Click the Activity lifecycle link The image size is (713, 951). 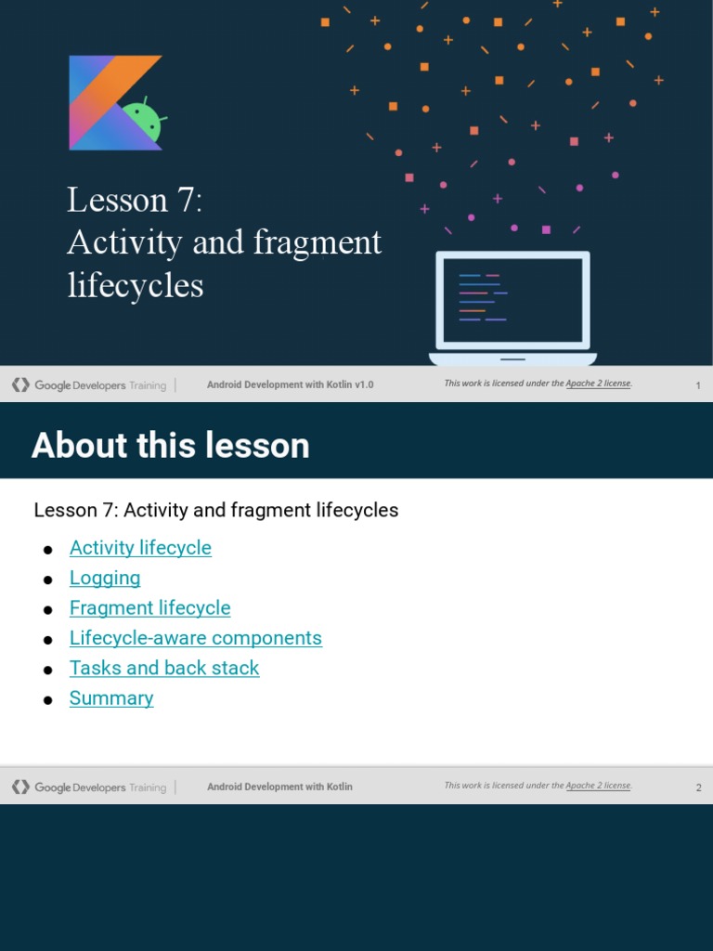(140, 548)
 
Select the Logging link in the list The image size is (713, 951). (105, 578)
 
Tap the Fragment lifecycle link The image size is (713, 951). (149, 608)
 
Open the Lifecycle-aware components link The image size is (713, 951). (195, 638)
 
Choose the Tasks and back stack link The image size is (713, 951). (164, 668)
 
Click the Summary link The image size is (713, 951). (111, 698)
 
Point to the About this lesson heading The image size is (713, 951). (171, 446)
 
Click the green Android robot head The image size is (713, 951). (143, 122)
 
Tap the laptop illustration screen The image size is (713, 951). (512, 300)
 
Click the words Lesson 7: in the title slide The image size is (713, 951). (135, 200)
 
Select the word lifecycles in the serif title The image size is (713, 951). (136, 285)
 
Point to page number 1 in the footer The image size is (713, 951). (698, 385)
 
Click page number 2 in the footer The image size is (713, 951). (698, 788)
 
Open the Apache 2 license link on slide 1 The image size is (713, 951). (598, 384)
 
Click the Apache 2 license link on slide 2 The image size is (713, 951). (598, 786)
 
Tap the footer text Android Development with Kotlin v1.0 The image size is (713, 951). (290, 384)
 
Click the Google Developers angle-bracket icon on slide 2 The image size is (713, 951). (20, 788)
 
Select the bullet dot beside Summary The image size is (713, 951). (48, 700)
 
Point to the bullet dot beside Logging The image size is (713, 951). (48, 580)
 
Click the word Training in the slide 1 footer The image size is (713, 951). (148, 385)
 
